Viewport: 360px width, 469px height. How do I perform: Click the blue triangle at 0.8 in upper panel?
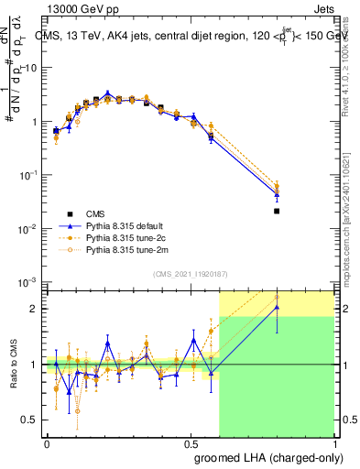pos(277,194)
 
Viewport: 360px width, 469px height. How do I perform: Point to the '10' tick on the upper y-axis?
pos(31,68)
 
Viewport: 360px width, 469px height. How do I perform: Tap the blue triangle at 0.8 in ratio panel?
pos(277,308)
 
